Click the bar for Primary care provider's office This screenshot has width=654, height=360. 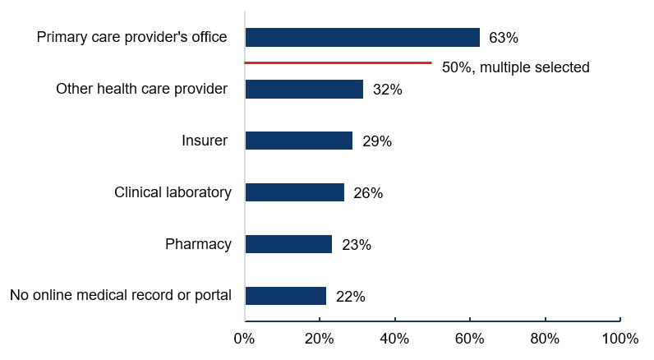coord(362,38)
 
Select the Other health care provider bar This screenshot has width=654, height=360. coord(304,89)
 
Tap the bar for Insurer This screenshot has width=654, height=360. coord(298,141)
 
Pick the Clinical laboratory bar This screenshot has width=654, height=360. coord(294,192)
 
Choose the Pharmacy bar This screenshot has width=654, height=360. coord(288,244)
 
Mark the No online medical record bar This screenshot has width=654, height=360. coord(285,296)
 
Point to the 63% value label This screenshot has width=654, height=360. coord(504,38)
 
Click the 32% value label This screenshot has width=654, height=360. coord(387,90)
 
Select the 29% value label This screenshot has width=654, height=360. coord(376,141)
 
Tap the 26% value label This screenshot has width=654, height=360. coord(368,193)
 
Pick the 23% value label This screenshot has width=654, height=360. coord(357,245)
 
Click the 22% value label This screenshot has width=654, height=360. coord(351,297)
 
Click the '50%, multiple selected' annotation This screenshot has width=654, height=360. coord(515,67)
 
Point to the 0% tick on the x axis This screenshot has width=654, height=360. coord(245,339)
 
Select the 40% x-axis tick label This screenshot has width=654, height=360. coord(394,339)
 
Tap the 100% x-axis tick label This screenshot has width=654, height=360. coord(619,339)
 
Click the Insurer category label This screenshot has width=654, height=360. coord(205,141)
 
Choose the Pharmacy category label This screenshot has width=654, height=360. coord(198,244)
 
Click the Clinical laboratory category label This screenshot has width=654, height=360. coord(173,192)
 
